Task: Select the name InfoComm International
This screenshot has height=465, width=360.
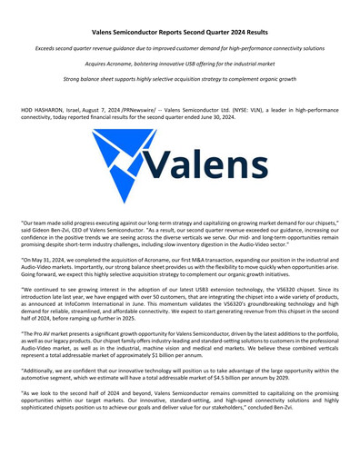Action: pyautogui.click(x=101, y=307)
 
